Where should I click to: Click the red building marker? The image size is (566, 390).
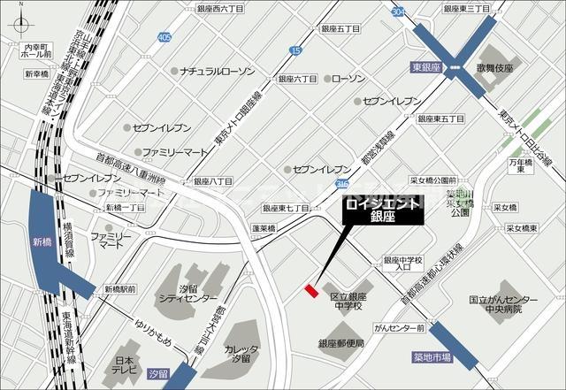[x=310, y=290]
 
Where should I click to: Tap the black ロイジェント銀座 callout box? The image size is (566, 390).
[x=383, y=210]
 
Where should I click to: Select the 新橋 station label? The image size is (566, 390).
[x=42, y=241]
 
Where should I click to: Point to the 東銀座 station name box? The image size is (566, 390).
[x=426, y=65]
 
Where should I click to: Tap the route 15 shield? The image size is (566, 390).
[x=294, y=51]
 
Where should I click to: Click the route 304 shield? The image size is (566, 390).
[x=399, y=12]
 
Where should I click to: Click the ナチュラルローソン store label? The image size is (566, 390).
[x=215, y=70]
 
